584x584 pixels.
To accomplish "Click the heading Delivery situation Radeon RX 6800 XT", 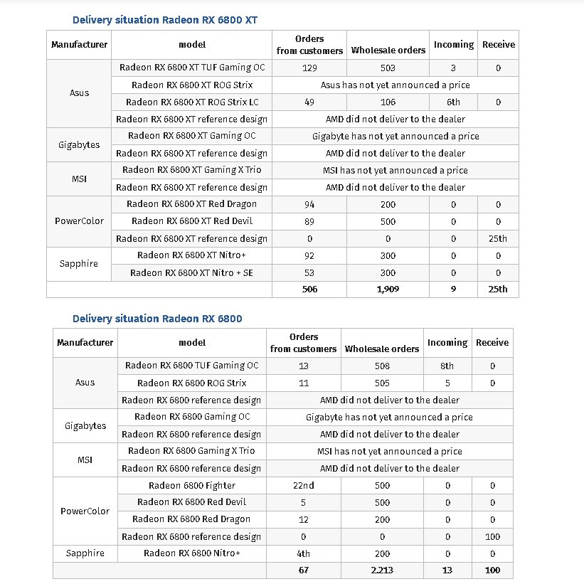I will (x=165, y=20).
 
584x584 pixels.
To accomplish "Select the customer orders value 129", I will (x=309, y=68).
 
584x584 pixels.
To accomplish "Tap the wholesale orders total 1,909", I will (x=387, y=290).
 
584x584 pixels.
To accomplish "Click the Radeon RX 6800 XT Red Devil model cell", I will (x=192, y=221).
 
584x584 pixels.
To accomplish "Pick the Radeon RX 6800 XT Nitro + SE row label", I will (x=192, y=272).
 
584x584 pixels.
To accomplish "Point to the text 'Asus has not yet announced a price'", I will (x=395, y=85).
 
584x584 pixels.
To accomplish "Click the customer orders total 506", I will (x=309, y=290).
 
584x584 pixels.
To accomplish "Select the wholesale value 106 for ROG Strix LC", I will (x=387, y=102).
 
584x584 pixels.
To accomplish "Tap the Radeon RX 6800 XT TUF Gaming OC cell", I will (x=192, y=68).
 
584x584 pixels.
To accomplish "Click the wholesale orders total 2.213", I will (x=382, y=570).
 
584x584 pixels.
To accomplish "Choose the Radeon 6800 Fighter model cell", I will (x=192, y=485).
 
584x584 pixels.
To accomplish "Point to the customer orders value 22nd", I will (x=304, y=485).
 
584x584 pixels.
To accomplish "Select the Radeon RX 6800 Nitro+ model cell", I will (x=192, y=553).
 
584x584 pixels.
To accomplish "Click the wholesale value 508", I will (x=382, y=366).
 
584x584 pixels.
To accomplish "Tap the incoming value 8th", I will (x=447, y=366).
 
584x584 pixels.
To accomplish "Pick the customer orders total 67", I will (x=304, y=570).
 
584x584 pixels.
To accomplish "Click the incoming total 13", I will (x=447, y=570).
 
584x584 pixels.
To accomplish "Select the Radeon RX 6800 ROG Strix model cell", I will (x=192, y=383).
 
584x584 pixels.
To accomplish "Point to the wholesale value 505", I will (x=382, y=383).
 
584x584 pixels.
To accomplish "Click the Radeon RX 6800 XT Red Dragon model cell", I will (x=192, y=204).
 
